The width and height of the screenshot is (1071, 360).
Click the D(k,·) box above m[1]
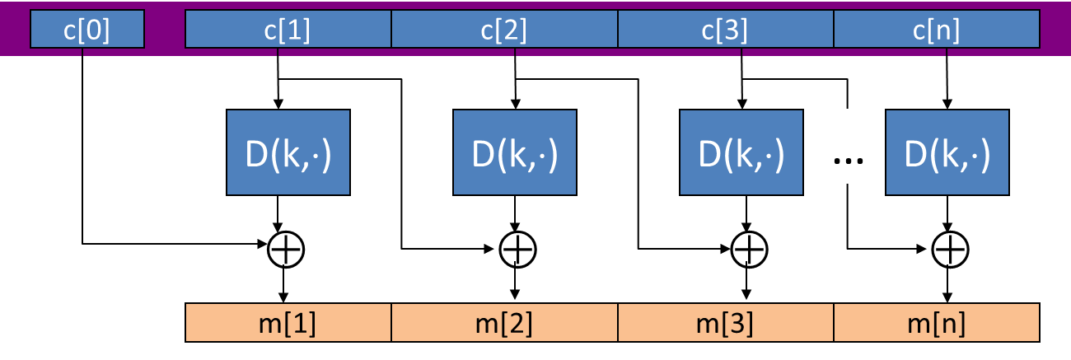(288, 152)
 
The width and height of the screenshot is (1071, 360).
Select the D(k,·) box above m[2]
(515, 152)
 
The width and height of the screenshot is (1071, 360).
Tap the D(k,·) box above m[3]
(741, 152)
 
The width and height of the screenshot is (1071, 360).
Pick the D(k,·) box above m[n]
(947, 152)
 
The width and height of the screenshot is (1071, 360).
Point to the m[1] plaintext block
(288, 323)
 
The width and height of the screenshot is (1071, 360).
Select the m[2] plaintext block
(504, 323)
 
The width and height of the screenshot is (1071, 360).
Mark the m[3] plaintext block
(726, 323)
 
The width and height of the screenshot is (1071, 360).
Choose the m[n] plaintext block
(936, 323)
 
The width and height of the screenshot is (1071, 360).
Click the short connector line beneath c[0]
(83, 52)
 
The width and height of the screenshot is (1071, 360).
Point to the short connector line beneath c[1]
(278, 52)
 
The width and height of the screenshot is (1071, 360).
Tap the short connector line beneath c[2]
(516, 52)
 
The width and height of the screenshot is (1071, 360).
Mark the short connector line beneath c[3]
(741, 52)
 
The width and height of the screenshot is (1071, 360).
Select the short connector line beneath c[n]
(947, 52)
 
